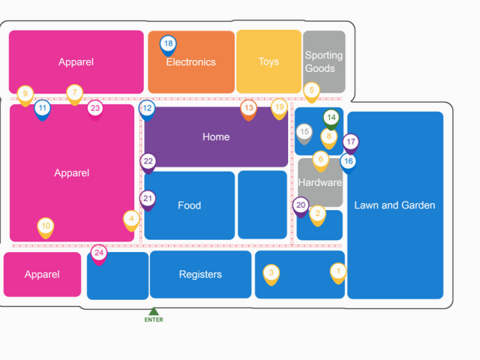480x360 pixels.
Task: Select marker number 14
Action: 331,118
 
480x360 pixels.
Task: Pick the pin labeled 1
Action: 338,272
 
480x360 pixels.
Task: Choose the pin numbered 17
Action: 350,142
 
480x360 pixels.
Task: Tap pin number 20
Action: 301,205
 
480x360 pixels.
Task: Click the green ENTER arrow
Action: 154,311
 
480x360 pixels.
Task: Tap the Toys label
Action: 268,61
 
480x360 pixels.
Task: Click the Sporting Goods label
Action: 323,61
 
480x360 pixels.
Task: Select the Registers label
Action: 200,274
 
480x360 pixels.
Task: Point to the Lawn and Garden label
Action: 394,205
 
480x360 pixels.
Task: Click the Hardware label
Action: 319,182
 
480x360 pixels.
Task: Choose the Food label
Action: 189,205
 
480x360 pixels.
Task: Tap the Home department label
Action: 216,137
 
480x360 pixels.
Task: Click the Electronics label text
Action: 191,62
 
